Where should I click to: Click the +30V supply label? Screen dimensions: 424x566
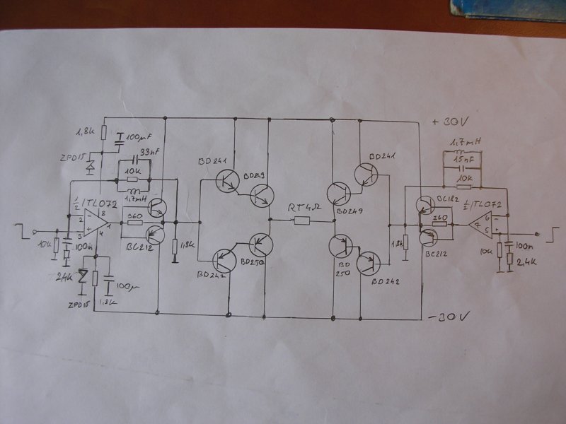coord(449,122)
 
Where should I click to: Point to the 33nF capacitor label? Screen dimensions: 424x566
coord(149,153)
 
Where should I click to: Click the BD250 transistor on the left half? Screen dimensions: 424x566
coord(262,245)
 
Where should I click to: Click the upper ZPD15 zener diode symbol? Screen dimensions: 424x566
coord(90,167)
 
